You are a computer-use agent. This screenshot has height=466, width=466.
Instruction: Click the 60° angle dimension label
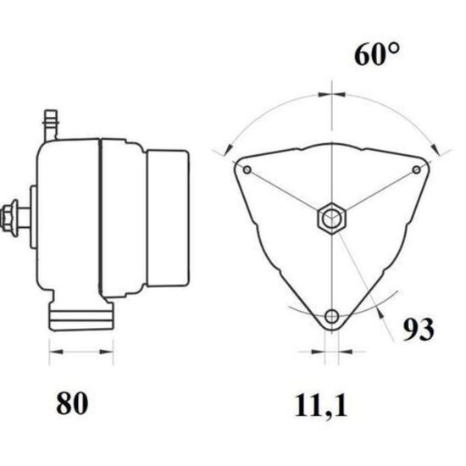click(x=377, y=54)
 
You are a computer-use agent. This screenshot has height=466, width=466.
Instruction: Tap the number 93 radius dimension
click(x=419, y=330)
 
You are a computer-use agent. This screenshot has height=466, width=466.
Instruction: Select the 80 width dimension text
click(x=72, y=403)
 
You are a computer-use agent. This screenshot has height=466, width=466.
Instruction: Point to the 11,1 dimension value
click(x=320, y=406)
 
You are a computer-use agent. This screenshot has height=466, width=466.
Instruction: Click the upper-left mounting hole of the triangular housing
click(x=247, y=170)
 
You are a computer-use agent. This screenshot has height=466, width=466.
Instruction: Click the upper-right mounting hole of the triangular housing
click(x=417, y=169)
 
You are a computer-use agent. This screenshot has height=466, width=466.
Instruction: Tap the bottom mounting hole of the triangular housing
click(x=331, y=316)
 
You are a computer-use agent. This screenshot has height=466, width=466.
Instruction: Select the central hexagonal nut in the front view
click(x=331, y=219)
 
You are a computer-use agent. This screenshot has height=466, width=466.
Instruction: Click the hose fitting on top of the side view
click(x=51, y=125)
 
